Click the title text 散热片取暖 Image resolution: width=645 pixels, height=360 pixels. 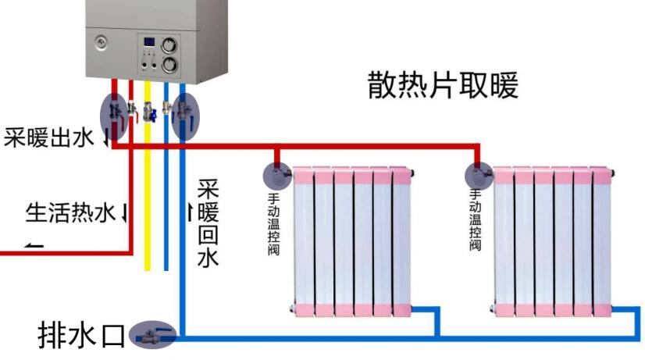[443, 86]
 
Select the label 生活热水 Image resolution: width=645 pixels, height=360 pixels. [71, 211]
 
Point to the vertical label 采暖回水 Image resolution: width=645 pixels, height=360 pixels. [208, 223]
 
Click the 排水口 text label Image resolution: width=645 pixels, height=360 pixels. [80, 335]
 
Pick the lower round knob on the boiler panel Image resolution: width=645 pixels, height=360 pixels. [168, 64]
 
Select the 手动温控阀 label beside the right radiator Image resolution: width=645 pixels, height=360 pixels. [474, 218]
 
